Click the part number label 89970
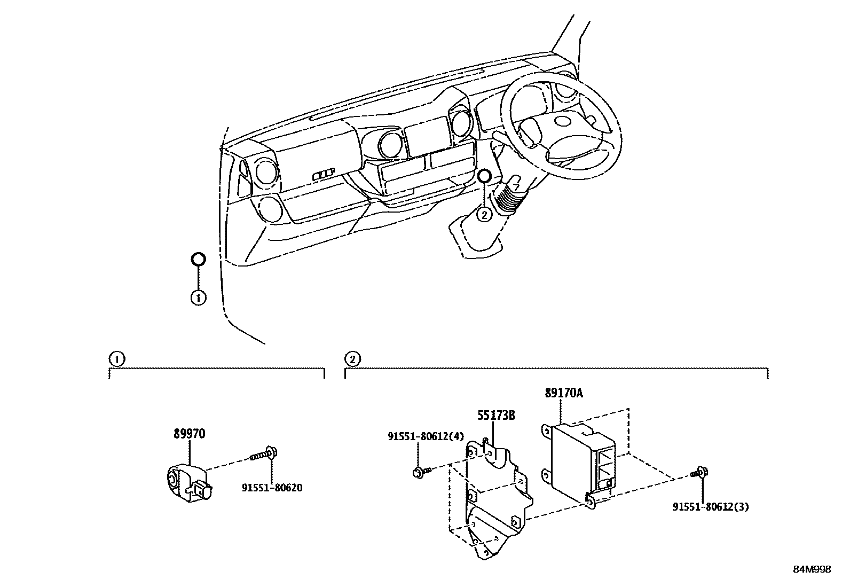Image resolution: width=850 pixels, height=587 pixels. pos(190,434)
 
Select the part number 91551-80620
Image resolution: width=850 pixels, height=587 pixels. pos(272,488)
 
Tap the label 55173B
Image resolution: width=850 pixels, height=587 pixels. pos(497,416)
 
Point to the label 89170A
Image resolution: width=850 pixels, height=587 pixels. pos(564,393)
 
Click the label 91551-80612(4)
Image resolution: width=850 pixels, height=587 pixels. pos(426,436)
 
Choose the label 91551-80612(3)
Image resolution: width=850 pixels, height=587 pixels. pos(711,507)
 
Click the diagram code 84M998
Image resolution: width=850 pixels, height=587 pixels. pos(812,569)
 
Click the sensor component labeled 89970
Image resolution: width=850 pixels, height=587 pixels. pos(190,483)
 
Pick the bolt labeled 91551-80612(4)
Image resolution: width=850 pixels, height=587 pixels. pos(422,472)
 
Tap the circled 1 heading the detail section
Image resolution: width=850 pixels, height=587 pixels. pos(117,359)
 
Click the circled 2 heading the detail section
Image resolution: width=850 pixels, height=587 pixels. pos(352,359)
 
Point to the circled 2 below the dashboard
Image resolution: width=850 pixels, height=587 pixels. pos(484,215)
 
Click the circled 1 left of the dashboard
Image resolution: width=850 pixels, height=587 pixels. pos(199,298)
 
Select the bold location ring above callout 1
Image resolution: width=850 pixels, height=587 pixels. pos(198,253)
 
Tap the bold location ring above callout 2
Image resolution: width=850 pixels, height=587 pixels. pos(484,170)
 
